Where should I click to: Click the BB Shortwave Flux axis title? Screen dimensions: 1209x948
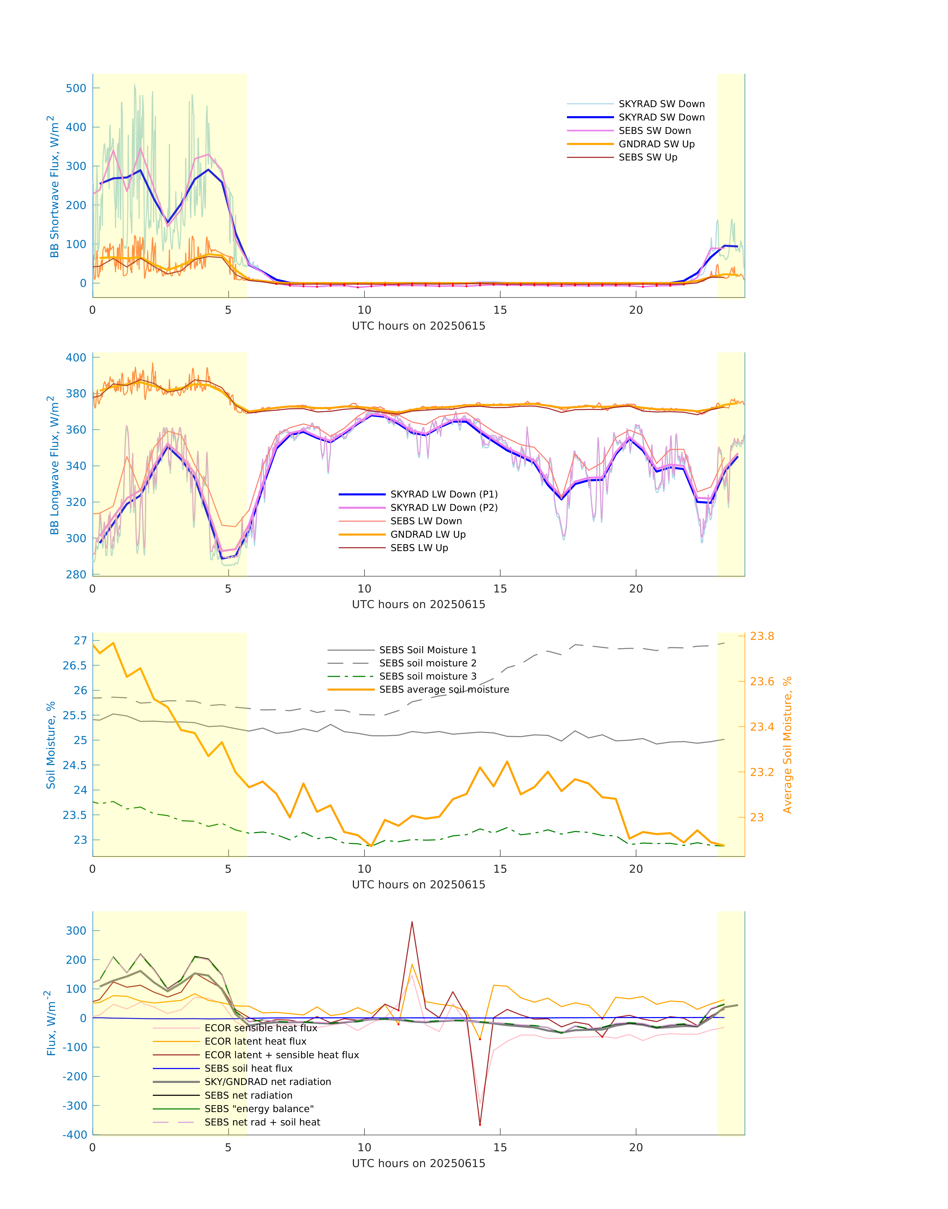coord(54,186)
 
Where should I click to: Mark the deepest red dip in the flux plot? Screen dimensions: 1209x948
coord(480,1124)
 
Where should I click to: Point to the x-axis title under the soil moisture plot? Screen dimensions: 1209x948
coord(419,885)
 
